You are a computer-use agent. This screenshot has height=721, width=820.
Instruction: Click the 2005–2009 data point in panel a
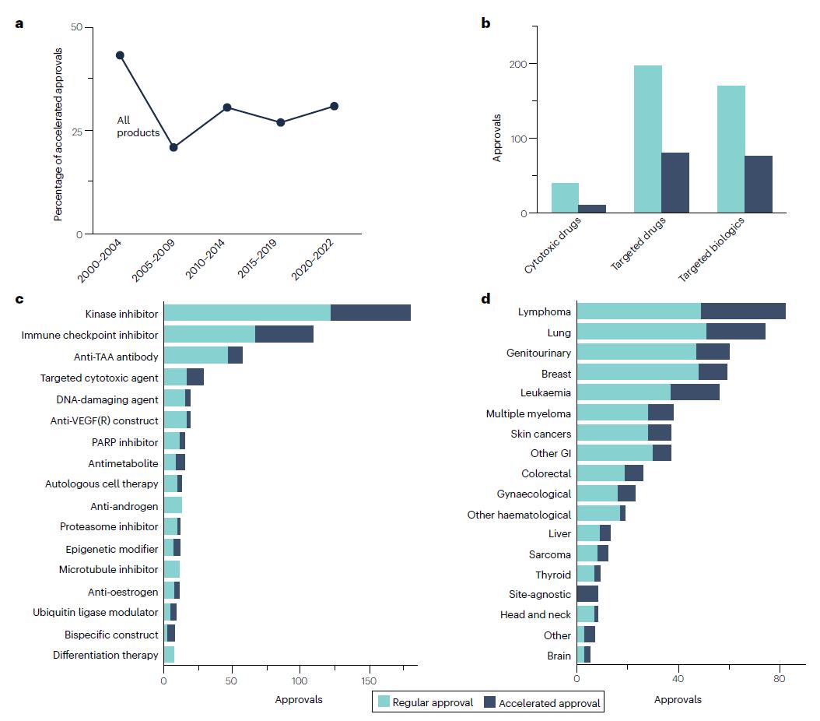(173, 147)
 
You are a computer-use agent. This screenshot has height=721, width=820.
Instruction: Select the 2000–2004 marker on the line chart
(120, 55)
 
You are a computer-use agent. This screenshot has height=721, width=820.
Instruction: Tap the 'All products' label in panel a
(138, 126)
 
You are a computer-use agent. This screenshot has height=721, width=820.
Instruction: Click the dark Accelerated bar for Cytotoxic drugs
(592, 209)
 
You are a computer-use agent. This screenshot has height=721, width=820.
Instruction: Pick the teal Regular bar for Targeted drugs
(648, 139)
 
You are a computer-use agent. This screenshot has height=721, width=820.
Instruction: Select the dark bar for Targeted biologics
(759, 185)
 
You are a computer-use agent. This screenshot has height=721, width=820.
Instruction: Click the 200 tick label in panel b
(518, 64)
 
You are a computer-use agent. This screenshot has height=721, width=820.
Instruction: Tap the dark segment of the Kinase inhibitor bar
(370, 313)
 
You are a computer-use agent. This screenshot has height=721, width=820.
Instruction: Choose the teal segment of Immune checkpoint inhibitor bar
(209, 334)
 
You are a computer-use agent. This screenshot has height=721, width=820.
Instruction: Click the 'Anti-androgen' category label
(124, 506)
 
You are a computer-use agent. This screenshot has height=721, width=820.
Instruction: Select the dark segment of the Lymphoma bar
(743, 311)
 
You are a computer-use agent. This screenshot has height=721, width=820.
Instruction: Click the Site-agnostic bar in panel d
(587, 593)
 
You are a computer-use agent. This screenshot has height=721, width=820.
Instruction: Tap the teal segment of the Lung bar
(641, 332)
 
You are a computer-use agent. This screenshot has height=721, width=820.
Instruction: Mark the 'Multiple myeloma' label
(528, 413)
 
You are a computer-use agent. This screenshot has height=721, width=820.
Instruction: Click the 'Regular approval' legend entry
(425, 702)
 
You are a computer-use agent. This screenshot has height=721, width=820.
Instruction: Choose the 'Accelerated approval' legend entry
(541, 702)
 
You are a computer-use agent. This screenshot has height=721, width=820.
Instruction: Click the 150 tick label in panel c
(369, 681)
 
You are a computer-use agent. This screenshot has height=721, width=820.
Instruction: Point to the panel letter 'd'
(485, 299)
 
